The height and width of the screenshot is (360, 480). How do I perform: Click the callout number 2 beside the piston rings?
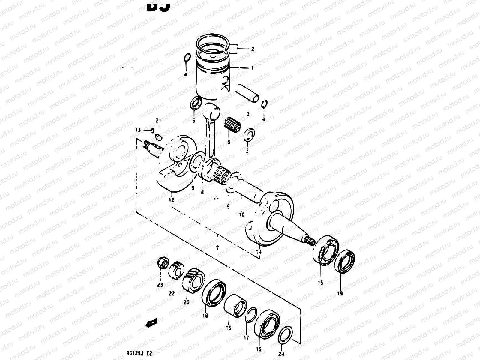click(x=253, y=49)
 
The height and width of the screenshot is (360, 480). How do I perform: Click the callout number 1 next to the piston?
click(x=252, y=68)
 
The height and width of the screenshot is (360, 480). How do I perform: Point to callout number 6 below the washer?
click(x=194, y=121)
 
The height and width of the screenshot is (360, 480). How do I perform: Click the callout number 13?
click(x=138, y=130)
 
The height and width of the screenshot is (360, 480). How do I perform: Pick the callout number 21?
click(x=158, y=121)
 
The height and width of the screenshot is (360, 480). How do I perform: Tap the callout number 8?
click(x=202, y=192)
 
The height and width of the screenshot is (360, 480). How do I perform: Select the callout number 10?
click(x=242, y=214)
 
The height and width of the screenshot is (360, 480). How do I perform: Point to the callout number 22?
click(x=171, y=294)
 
